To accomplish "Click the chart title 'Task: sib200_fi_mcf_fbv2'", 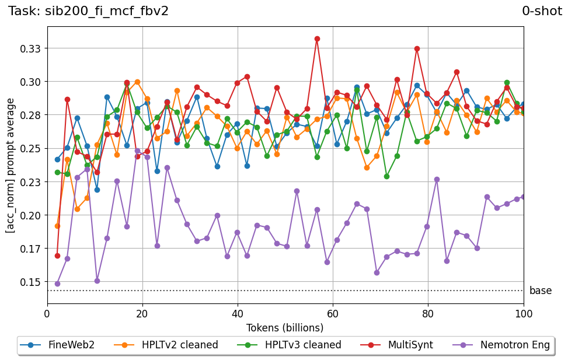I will [x=88, y=11].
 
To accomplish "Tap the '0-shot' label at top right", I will [x=542, y=11].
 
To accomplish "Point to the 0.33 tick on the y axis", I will [x=31, y=48].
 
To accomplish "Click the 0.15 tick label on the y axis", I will [x=31, y=282].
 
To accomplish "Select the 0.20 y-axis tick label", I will [x=31, y=215].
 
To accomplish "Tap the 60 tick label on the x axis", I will [x=333, y=313].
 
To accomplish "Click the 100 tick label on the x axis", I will [x=524, y=313].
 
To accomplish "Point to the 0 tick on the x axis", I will [x=47, y=313].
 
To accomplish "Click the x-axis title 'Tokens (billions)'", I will [x=285, y=327].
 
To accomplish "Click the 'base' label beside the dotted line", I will [x=540, y=291].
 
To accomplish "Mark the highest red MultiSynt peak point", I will [x=317, y=39].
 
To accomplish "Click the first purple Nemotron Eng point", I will [x=57, y=284].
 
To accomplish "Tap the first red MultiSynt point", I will [x=57, y=256].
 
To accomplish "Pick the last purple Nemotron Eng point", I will [x=524, y=197].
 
